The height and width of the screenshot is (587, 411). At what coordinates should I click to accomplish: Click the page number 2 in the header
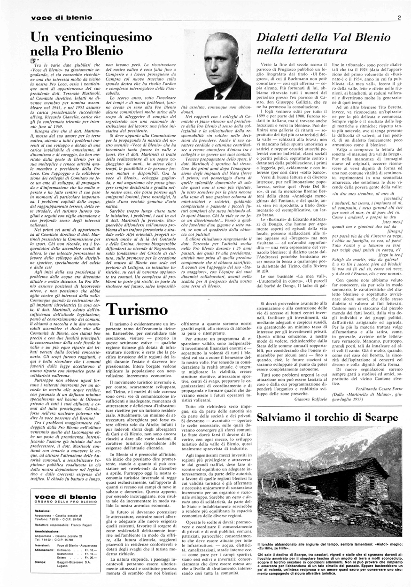(x=398, y=18)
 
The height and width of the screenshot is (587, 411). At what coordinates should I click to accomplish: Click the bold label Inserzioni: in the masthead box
(x=42, y=545)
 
